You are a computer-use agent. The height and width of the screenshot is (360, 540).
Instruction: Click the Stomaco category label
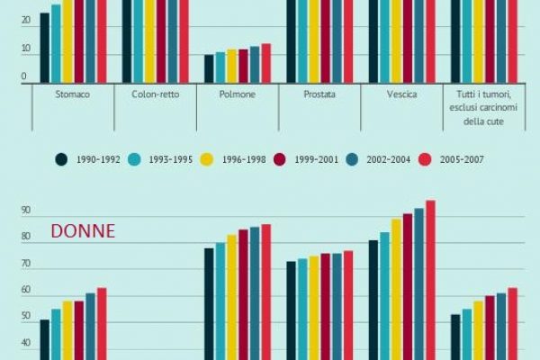[73, 94]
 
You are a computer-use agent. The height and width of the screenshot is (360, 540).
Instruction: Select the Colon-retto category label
[155, 94]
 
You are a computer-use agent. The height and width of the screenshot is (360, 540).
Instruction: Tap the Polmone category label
[238, 94]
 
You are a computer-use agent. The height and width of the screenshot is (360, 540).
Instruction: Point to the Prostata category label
[319, 94]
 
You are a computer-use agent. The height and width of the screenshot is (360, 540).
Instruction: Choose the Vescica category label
[401, 94]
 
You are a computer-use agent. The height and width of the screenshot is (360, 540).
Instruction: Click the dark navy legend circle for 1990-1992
[62, 159]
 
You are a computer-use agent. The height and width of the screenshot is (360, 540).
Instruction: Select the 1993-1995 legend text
[171, 159]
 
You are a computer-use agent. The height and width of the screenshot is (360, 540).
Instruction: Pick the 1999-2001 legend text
[315, 159]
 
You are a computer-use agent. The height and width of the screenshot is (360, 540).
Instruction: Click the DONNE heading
[83, 231]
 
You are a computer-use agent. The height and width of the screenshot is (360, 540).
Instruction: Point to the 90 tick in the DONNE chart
[25, 211]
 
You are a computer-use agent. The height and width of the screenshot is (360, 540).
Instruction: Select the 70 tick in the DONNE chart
[25, 265]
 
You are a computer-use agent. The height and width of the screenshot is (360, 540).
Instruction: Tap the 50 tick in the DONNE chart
[25, 317]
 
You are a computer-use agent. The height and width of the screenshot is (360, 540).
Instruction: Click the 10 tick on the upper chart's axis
[25, 55]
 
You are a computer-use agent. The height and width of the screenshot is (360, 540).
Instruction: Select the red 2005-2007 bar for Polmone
[265, 63]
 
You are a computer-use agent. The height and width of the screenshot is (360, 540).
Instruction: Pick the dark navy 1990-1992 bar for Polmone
[209, 68]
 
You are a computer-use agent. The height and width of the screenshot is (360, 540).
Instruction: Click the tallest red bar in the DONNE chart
[430, 279]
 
